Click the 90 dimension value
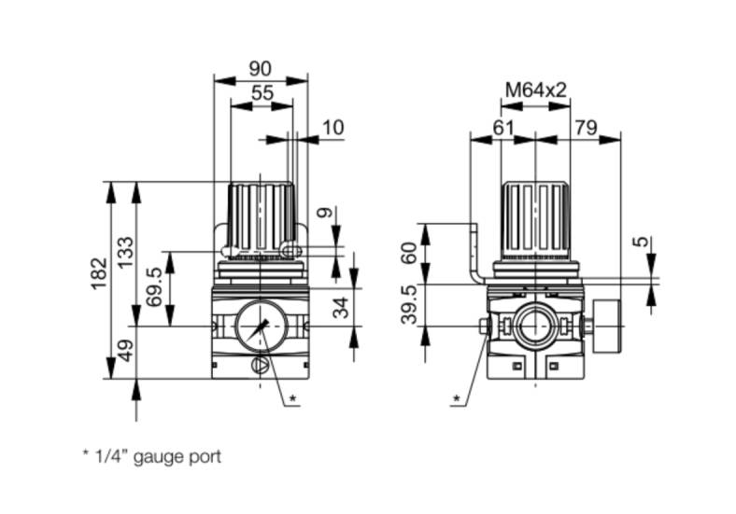pyautogui.click(x=260, y=69)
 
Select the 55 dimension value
pyautogui.click(x=262, y=93)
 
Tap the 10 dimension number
pyautogui.click(x=333, y=128)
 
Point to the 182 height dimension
pyautogui.click(x=100, y=274)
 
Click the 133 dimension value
pyautogui.click(x=125, y=252)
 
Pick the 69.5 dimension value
pyautogui.click(x=154, y=286)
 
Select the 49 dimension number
pyautogui.click(x=125, y=351)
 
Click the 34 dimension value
pyautogui.click(x=341, y=307)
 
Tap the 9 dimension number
pyautogui.click(x=324, y=213)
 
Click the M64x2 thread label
pyautogui.click(x=536, y=90)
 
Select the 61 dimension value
pyautogui.click(x=503, y=128)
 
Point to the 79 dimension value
pyautogui.click(x=587, y=128)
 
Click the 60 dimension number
pyautogui.click(x=409, y=253)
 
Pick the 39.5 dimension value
pyautogui.click(x=409, y=304)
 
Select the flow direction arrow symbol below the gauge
pyautogui.click(x=261, y=366)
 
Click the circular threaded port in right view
pyautogui.click(x=535, y=326)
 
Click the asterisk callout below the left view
pyautogui.click(x=293, y=398)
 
